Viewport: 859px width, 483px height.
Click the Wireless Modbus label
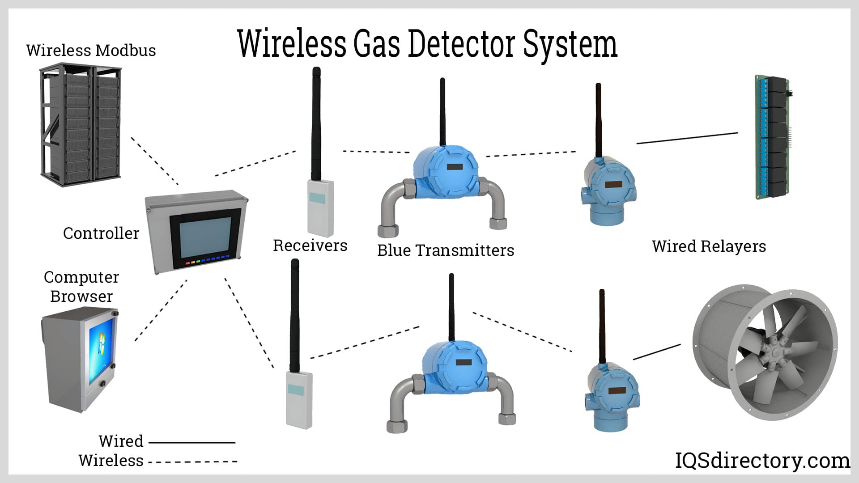pos(91,50)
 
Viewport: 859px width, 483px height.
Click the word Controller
pos(101,233)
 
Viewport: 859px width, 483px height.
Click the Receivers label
pos(310,245)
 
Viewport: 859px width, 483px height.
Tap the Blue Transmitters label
pos(446,250)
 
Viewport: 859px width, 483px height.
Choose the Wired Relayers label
pos(709,246)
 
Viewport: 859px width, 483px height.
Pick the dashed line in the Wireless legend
pos(192,461)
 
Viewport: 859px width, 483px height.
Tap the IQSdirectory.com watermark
pos(762,461)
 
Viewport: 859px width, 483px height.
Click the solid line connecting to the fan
pos(657,352)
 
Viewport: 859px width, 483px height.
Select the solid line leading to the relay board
pos(687,138)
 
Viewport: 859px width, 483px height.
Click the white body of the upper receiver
pos(320,208)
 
